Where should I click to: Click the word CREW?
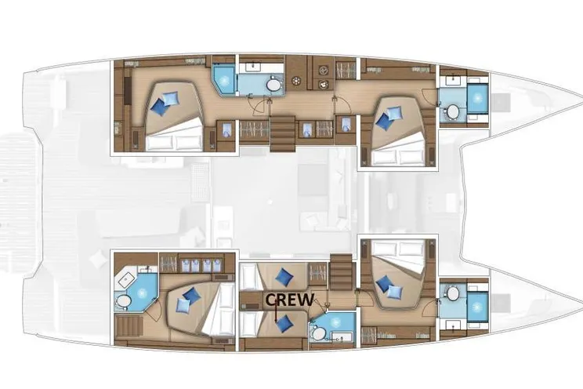tap(290, 300)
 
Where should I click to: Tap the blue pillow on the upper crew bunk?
tap(284, 276)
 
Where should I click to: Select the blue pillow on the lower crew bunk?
tap(284, 324)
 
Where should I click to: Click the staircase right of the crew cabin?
tap(341, 272)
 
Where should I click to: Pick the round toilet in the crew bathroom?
tap(318, 333)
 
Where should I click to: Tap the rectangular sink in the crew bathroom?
tap(338, 338)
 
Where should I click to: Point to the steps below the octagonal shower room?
tap(129, 325)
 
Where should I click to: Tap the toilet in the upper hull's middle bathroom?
tap(273, 85)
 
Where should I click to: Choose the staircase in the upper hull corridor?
tap(283, 133)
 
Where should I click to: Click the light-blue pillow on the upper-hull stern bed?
tap(171, 98)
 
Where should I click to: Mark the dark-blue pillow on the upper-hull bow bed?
tap(383, 121)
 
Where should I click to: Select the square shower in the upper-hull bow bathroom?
tap(477, 98)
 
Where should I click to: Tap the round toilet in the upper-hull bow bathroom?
tap(453, 111)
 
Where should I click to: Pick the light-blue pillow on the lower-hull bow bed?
tap(394, 292)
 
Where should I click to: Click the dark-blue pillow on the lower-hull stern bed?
tap(191, 295)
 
